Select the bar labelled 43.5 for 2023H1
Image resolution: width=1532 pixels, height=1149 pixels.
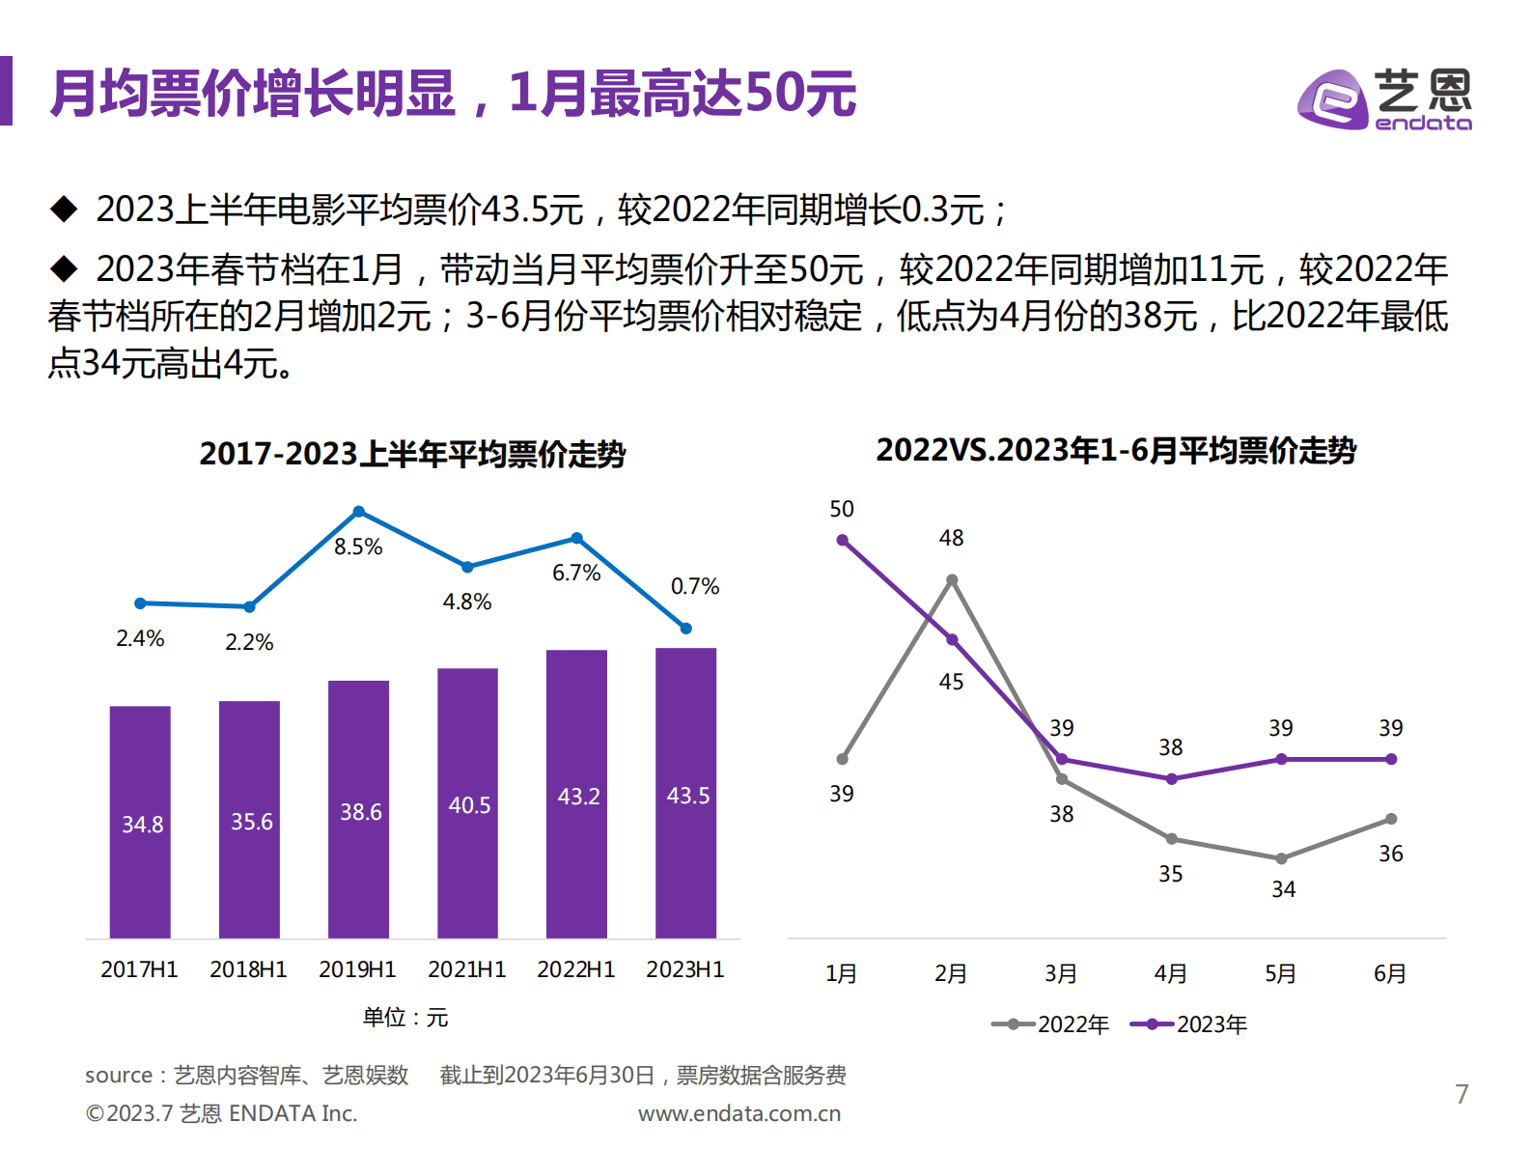click(x=685, y=793)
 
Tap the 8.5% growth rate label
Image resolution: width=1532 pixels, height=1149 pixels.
click(x=358, y=547)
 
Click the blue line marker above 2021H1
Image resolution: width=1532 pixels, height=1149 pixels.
click(x=467, y=567)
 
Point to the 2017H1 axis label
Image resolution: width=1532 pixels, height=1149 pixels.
click(x=139, y=969)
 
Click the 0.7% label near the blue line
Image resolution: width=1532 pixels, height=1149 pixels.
click(x=694, y=586)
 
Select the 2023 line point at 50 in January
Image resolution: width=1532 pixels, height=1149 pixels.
click(x=842, y=541)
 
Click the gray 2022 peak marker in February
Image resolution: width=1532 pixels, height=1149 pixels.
click(x=952, y=580)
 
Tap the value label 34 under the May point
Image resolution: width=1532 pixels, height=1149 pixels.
click(x=1283, y=889)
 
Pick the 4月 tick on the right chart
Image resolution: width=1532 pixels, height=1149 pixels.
click(x=1171, y=973)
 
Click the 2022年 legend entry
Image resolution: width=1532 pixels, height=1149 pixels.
click(x=1052, y=1024)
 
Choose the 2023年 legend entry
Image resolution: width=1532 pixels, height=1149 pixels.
click(x=1190, y=1024)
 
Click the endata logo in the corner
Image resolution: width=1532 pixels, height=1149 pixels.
click(x=1384, y=99)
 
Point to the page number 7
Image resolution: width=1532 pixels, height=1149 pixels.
click(x=1462, y=1094)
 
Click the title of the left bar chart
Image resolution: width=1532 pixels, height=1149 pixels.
click(x=412, y=454)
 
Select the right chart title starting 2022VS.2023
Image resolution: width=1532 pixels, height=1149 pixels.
click(x=1116, y=450)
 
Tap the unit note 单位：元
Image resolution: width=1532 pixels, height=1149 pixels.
click(x=405, y=1017)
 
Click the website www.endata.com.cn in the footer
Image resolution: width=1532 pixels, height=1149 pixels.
click(x=739, y=1113)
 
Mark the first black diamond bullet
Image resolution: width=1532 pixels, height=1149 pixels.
click(x=64, y=209)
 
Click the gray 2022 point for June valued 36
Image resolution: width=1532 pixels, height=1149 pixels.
click(x=1391, y=819)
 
